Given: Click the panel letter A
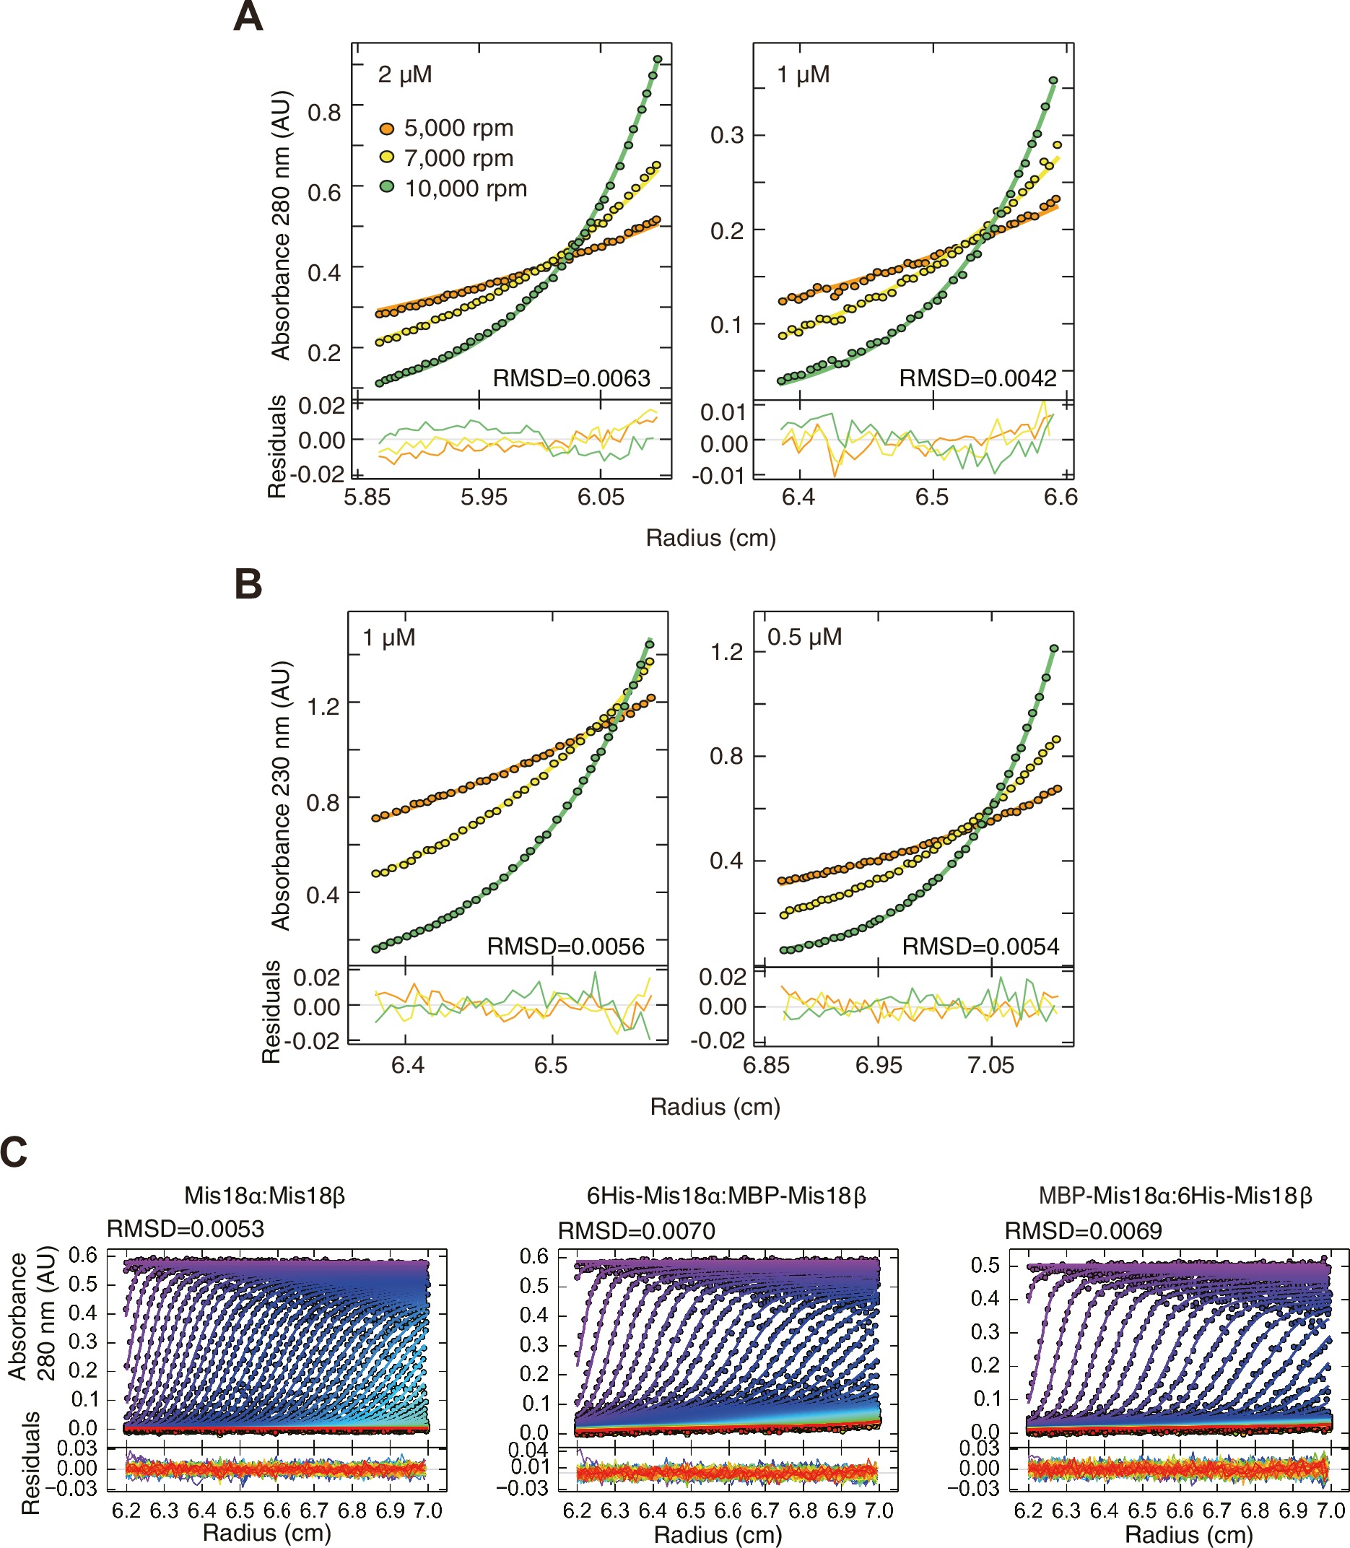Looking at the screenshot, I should coord(248,17).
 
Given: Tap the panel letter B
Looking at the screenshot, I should coord(248,584).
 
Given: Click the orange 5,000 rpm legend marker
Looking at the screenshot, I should coord(386,129).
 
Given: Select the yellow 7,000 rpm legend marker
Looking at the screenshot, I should coord(386,157).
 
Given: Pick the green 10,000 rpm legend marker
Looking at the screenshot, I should coord(386,187).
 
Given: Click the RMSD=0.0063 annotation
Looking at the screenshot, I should coord(571,378).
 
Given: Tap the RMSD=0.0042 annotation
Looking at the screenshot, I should coord(977,378).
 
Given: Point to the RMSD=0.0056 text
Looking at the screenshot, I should coord(566,946).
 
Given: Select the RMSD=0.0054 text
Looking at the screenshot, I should coord(980,946).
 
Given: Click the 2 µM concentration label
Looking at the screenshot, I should coord(404,74).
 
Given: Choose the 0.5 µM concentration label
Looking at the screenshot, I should coord(804,638).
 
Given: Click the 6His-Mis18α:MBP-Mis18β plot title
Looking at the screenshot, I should coord(726,1196).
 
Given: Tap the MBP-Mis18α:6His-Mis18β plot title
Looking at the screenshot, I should coord(1175,1196).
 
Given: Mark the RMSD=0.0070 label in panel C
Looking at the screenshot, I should coord(637,1231).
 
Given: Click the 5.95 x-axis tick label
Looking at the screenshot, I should coord(484,497).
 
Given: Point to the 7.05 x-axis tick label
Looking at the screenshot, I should coord(990,1065).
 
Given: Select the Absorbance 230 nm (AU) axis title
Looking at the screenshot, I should coord(280,796).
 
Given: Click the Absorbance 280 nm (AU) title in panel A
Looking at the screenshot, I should coord(280,225).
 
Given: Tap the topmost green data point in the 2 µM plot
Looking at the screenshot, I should coord(658,59).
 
